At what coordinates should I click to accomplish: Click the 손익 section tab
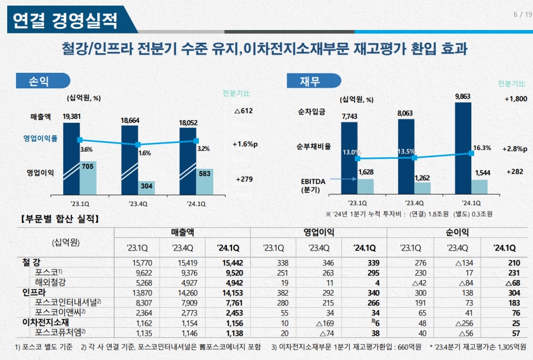click(39, 81)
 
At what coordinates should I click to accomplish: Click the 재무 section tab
click(310, 81)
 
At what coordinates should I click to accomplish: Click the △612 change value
click(243, 111)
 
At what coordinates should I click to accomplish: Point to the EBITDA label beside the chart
click(313, 185)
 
